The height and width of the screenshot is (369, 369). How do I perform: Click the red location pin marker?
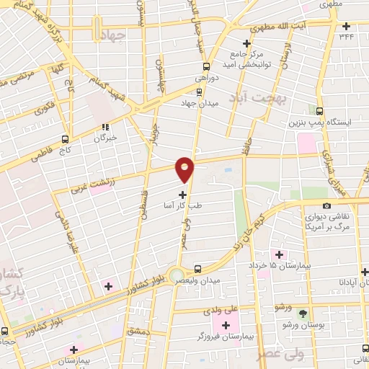tap(185, 169)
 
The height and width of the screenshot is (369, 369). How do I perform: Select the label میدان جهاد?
tap(199, 103)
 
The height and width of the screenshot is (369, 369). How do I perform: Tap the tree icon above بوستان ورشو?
tap(303, 314)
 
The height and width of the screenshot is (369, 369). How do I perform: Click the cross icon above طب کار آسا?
tap(182, 194)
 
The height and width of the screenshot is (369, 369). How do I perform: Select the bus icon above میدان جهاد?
tap(199, 92)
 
